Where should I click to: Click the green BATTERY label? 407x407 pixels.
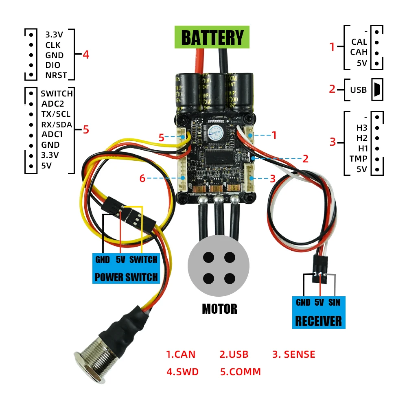click(x=212, y=37)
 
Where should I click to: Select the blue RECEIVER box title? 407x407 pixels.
click(x=318, y=321)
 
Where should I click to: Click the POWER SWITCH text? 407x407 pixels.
click(x=126, y=278)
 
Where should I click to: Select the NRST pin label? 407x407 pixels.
click(x=56, y=75)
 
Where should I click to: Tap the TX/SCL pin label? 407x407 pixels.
click(x=56, y=114)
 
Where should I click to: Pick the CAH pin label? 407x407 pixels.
click(x=359, y=52)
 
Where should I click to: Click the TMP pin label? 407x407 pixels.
click(x=358, y=159)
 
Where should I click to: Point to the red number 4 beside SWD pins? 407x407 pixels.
click(x=85, y=54)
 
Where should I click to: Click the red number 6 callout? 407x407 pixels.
click(x=142, y=178)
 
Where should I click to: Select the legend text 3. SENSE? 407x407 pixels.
click(x=293, y=354)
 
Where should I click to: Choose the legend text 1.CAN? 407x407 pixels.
click(x=180, y=354)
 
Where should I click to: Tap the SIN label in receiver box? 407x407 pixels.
click(x=334, y=302)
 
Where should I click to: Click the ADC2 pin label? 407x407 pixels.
click(x=53, y=104)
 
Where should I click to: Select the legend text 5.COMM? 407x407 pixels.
click(x=240, y=372)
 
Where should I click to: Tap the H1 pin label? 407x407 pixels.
click(x=363, y=149)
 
